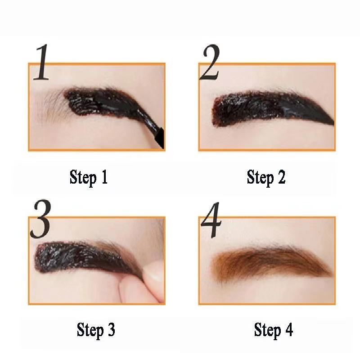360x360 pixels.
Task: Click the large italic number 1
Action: [x=41, y=62]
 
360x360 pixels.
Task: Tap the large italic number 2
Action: [x=209, y=62]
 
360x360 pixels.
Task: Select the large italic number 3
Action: [x=40, y=219]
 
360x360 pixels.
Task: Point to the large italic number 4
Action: [x=211, y=220]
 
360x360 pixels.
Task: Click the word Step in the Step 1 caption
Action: [x=83, y=178]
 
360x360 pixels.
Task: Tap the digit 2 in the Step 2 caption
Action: [x=282, y=177]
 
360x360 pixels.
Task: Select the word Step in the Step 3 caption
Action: [x=90, y=331]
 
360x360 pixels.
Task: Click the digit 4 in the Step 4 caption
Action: [x=289, y=330]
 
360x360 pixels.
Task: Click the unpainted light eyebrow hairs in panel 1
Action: [x=52, y=107]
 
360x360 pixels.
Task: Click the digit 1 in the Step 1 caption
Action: [x=104, y=177]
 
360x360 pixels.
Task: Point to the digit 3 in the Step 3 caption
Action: [x=111, y=330]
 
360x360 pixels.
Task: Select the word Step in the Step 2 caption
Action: [x=261, y=178]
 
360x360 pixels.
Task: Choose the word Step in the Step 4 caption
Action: [x=267, y=331]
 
